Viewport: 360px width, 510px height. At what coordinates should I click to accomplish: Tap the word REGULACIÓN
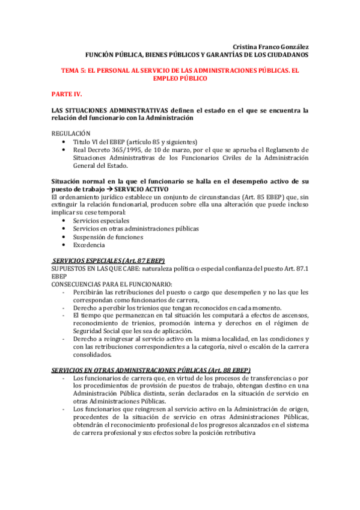(x=71, y=133)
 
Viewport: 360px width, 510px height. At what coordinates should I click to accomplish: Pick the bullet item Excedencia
(x=89, y=245)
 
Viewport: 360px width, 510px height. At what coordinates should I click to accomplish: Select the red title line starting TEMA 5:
(x=180, y=70)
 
